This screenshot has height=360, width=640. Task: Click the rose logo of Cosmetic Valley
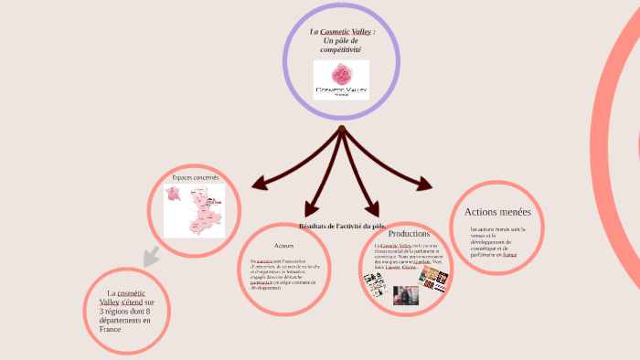[x=341, y=74]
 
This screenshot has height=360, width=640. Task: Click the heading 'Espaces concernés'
[x=195, y=177]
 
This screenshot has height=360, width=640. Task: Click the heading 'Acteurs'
[x=284, y=246]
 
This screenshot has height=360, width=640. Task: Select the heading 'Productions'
[x=409, y=234]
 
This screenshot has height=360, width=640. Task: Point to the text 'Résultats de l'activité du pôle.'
[x=342, y=225]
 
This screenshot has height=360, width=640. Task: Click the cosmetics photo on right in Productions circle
[x=433, y=279]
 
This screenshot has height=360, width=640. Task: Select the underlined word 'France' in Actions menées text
[x=509, y=254]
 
